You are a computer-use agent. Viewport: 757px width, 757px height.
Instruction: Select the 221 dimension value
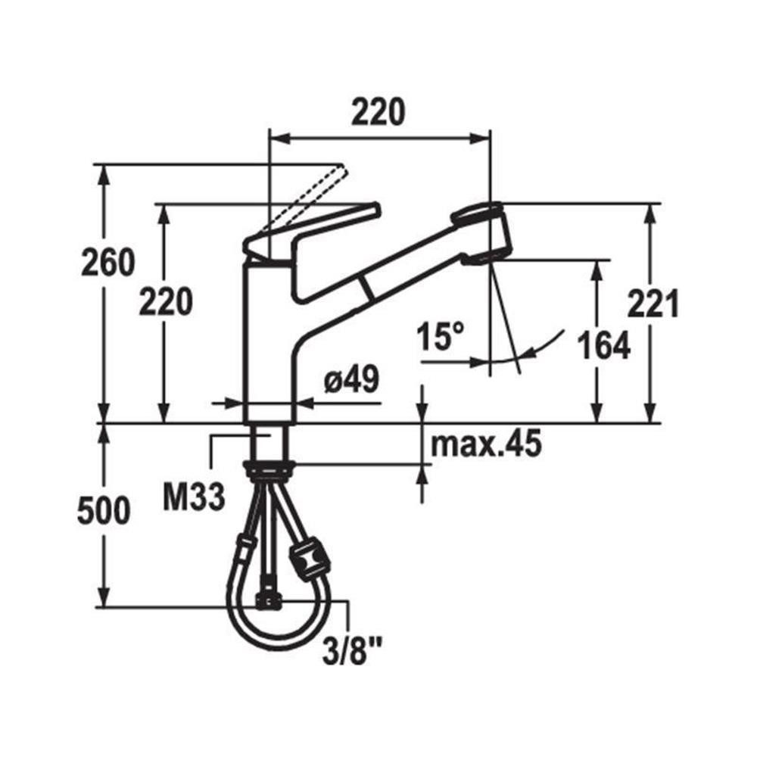pyautogui.click(x=653, y=304)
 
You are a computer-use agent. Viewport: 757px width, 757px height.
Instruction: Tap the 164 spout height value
pyautogui.click(x=604, y=345)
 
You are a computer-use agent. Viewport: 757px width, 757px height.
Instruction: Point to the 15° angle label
pyautogui.click(x=441, y=336)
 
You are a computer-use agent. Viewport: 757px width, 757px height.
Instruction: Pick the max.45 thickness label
pyautogui.click(x=486, y=444)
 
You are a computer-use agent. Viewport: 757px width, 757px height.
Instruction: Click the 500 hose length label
pyautogui.click(x=104, y=510)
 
